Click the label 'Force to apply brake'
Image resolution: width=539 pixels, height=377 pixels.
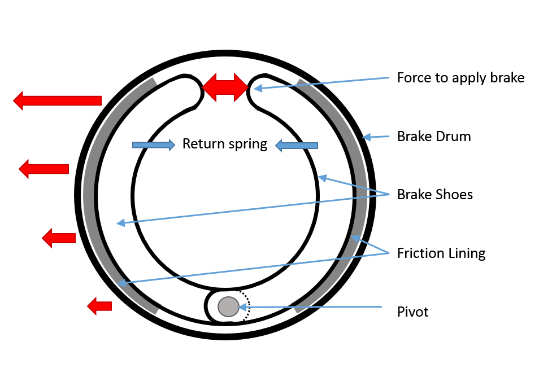(x=460, y=77)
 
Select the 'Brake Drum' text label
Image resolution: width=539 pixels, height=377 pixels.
(x=433, y=136)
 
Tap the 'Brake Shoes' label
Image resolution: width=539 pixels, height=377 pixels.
(x=434, y=195)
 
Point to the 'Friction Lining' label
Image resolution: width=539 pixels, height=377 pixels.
(x=441, y=253)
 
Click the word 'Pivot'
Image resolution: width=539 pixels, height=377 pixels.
(x=413, y=312)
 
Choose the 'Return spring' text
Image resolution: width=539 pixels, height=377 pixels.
(x=224, y=144)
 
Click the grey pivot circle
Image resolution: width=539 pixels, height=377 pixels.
(x=228, y=306)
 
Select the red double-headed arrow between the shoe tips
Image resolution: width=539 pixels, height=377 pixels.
(x=225, y=87)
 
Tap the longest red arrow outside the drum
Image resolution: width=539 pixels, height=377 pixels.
(x=57, y=100)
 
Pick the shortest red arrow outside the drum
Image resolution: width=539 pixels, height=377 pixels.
(x=99, y=306)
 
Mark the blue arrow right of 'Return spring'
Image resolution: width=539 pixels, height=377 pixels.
(x=296, y=146)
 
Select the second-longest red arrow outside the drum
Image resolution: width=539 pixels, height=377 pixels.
(x=44, y=169)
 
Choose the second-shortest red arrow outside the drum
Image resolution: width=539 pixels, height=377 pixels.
(x=59, y=238)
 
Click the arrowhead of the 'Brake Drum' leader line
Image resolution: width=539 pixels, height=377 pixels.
(x=366, y=137)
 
